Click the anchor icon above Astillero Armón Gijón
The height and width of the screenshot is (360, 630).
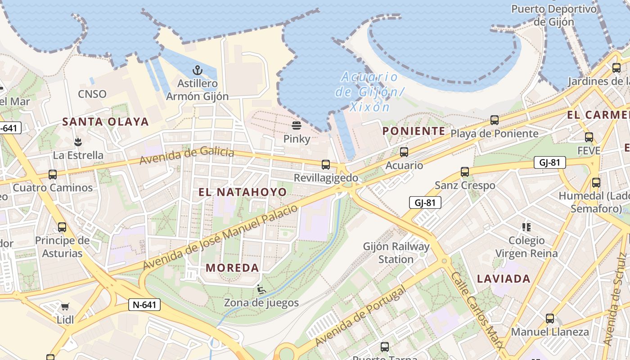pyautogui.click(x=197, y=70)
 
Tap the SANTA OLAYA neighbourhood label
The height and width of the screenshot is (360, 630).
pyautogui.click(x=105, y=121)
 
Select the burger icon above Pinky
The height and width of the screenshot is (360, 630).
pyautogui.click(x=296, y=125)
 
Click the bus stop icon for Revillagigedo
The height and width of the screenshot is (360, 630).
pyautogui.click(x=326, y=165)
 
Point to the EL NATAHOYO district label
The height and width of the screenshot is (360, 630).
pyautogui.click(x=243, y=192)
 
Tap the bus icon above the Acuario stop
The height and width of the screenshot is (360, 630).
pyautogui.click(x=404, y=152)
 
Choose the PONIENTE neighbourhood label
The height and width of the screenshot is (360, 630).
pyautogui.click(x=414, y=131)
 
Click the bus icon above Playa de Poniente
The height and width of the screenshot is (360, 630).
pyautogui.click(x=495, y=120)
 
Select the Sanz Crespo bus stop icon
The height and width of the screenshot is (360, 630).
pyautogui.click(x=465, y=172)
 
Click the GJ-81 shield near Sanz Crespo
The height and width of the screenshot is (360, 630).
pyautogui.click(x=425, y=202)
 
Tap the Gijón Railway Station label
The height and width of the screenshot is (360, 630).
pyautogui.click(x=396, y=253)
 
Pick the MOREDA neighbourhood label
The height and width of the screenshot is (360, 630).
pyautogui.click(x=233, y=268)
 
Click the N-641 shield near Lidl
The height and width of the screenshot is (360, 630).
pyautogui.click(x=144, y=305)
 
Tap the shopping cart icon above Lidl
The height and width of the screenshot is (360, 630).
pyautogui.click(x=65, y=307)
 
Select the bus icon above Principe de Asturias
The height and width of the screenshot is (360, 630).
pyautogui.click(x=62, y=227)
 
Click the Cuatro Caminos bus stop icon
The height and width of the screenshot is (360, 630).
pyautogui.click(x=53, y=175)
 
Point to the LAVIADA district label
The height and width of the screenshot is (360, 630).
pyautogui.click(x=504, y=279)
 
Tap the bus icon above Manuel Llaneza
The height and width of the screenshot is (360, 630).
pyautogui.click(x=550, y=319)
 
